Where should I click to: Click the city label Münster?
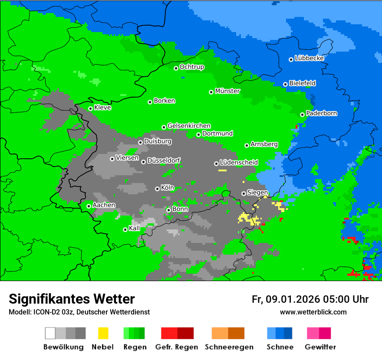tap(227, 91)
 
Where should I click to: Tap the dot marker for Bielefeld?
tap(285, 84)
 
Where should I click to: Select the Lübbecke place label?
tap(309, 58)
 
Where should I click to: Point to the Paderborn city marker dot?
tap(302, 115)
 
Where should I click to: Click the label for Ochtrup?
tap(191, 67)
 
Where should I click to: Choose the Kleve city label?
tap(102, 108)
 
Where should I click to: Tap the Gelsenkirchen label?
tap(189, 126)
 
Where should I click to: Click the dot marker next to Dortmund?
tap(198, 134)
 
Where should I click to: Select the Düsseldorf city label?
tap(164, 160)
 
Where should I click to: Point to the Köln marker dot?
tap(157, 189)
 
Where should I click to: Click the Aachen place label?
tap(104, 205)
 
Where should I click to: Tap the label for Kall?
tap(134, 228)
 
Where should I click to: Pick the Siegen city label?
tap(257, 193)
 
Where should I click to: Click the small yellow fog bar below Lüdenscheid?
tap(222, 170)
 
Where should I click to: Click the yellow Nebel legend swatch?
tap(103, 333)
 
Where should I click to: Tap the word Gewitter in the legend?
tap(320, 347)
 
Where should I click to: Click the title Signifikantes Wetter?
tap(72, 299)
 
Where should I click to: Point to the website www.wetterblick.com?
tap(313, 312)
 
